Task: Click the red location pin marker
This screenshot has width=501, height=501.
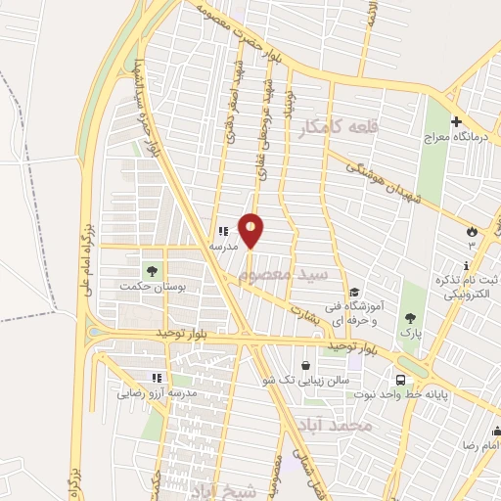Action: [x=251, y=231]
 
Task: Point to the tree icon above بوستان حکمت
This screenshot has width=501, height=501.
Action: [x=152, y=269]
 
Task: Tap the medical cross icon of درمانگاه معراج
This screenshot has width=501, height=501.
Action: [x=456, y=123]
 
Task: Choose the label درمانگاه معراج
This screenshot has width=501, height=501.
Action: [x=455, y=140]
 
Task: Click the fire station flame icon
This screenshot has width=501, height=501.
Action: [x=474, y=231]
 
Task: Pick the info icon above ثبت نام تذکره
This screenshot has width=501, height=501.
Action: [x=466, y=265]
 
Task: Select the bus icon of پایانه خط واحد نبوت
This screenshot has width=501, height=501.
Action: [x=400, y=380]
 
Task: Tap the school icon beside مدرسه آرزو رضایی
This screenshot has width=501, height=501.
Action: [x=155, y=378]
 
